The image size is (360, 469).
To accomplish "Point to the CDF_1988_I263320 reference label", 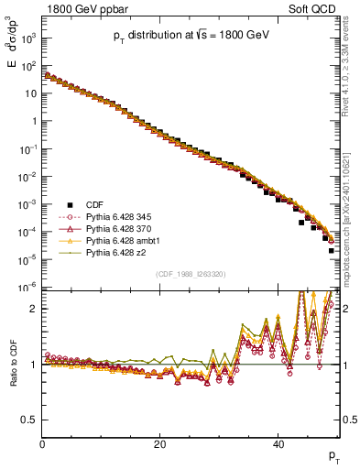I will [x=191, y=273].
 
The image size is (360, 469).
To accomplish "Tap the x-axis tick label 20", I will [x=160, y=444].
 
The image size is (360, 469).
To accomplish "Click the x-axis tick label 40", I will [x=278, y=444].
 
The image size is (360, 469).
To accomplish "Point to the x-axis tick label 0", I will [x=42, y=444].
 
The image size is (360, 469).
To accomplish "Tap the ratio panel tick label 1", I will [x=34, y=365].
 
